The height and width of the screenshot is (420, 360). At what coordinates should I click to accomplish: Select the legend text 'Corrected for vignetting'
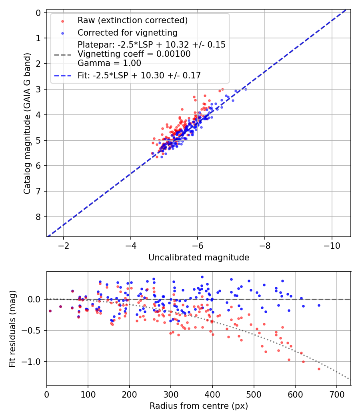tap(127, 32)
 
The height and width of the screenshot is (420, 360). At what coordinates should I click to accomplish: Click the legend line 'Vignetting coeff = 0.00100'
tap(134, 54)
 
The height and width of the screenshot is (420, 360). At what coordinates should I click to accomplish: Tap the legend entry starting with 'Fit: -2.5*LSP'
tap(139, 75)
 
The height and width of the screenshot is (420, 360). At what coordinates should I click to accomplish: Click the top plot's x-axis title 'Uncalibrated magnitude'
tap(199, 258)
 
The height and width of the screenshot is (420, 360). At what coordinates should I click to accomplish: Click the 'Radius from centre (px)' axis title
tap(199, 406)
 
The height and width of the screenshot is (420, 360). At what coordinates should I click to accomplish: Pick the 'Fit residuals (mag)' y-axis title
tap(13, 329)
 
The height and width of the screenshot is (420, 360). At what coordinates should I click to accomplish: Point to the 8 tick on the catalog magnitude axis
tap(38, 217)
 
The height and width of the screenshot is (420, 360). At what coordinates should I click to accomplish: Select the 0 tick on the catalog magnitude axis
tap(38, 13)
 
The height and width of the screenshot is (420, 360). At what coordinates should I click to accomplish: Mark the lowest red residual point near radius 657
tap(319, 369)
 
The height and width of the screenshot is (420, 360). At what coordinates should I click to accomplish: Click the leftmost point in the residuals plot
tap(50, 311)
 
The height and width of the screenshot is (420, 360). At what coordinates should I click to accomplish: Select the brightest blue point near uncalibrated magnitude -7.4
tap(245, 89)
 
